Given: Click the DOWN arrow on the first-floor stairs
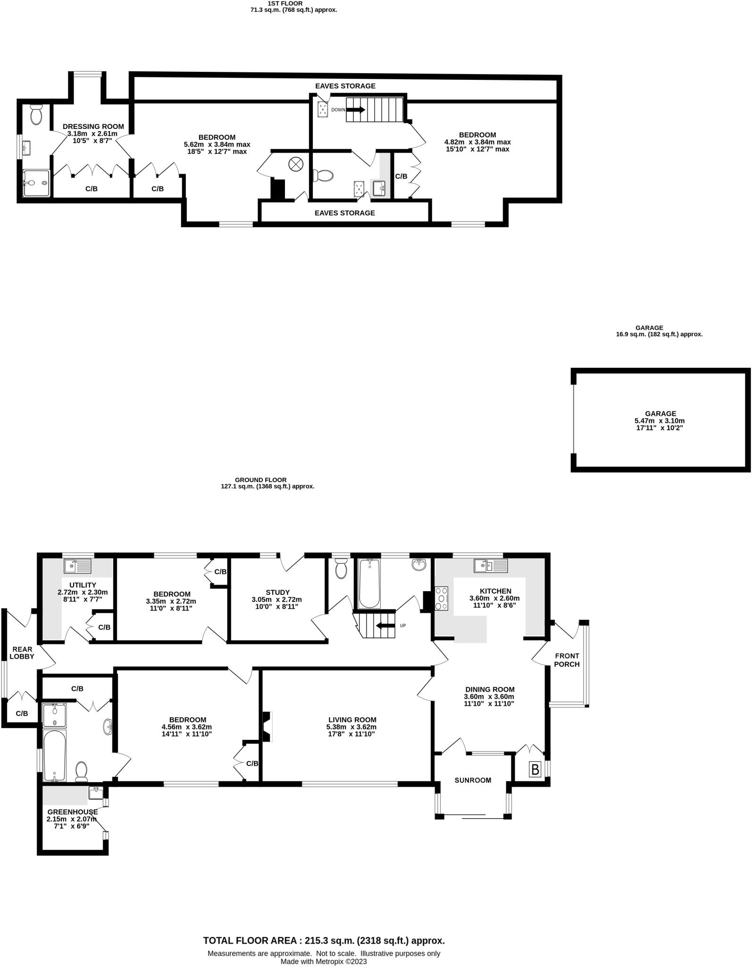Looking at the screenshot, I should point(356,110).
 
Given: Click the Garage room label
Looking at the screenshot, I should point(661,413).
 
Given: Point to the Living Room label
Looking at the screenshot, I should point(351,720).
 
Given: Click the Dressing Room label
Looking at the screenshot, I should point(93,127).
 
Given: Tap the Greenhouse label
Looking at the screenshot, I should point(72,812).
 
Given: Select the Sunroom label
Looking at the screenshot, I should point(473,780).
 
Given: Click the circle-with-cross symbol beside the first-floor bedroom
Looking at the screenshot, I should point(296,165).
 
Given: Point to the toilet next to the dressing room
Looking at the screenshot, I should point(36,114).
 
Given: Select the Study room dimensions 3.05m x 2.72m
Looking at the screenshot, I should point(277,600).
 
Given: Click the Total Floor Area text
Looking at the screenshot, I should point(324,941).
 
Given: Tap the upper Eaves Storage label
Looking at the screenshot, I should point(345,86).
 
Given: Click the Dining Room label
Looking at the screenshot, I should point(489,689).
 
